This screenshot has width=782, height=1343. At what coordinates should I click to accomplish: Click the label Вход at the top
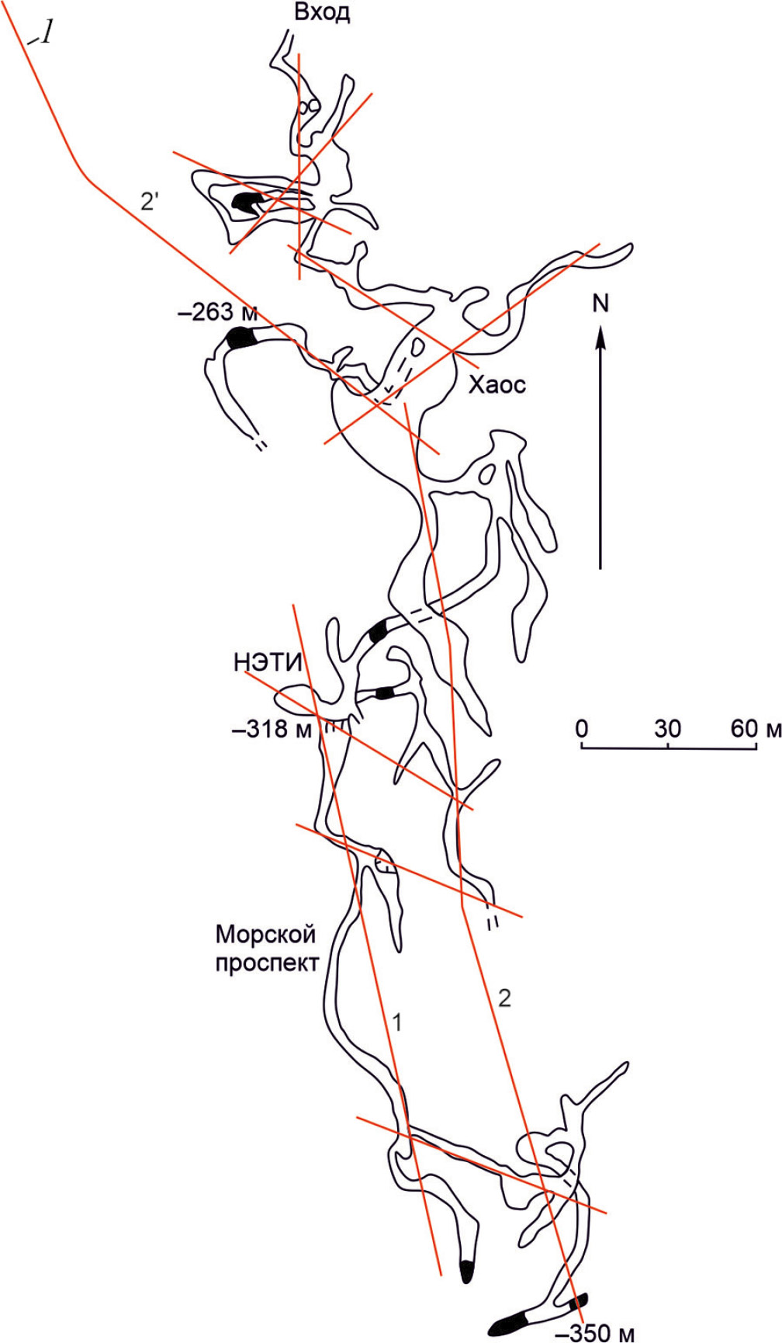click(322, 13)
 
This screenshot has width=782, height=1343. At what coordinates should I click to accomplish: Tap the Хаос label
click(497, 384)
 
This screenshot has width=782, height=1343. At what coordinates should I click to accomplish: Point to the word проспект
click(268, 963)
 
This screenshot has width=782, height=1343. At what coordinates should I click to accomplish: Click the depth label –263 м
click(218, 312)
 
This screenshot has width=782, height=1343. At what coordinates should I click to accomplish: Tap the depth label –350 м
click(596, 1333)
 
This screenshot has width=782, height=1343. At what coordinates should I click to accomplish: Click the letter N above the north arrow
click(600, 303)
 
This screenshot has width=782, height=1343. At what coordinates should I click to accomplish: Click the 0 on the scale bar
click(581, 728)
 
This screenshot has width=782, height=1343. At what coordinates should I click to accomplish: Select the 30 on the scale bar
click(668, 728)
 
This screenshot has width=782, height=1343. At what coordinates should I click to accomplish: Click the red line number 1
click(397, 1022)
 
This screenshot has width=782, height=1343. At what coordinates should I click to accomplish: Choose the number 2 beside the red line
click(504, 998)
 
